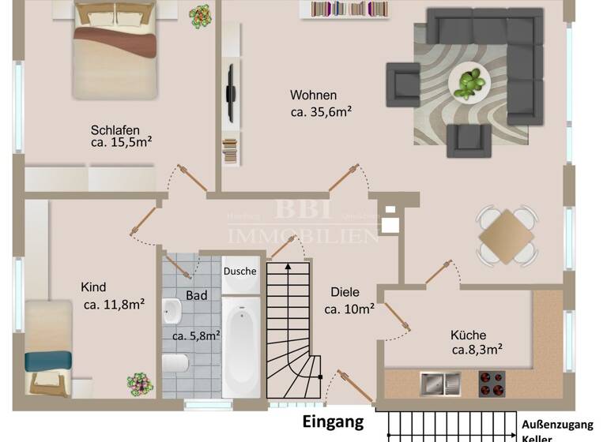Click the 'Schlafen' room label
point(115,130)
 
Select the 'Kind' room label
point(93,287)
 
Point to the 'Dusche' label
point(239,271)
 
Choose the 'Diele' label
point(344,292)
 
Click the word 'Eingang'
point(334,421)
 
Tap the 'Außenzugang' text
point(556,424)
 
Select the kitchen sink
point(440,384)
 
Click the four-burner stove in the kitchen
point(491,384)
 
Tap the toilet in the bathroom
point(175,363)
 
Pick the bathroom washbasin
point(172,313)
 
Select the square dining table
point(506,234)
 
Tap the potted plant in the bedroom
point(200,17)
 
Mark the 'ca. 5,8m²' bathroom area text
point(196,335)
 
